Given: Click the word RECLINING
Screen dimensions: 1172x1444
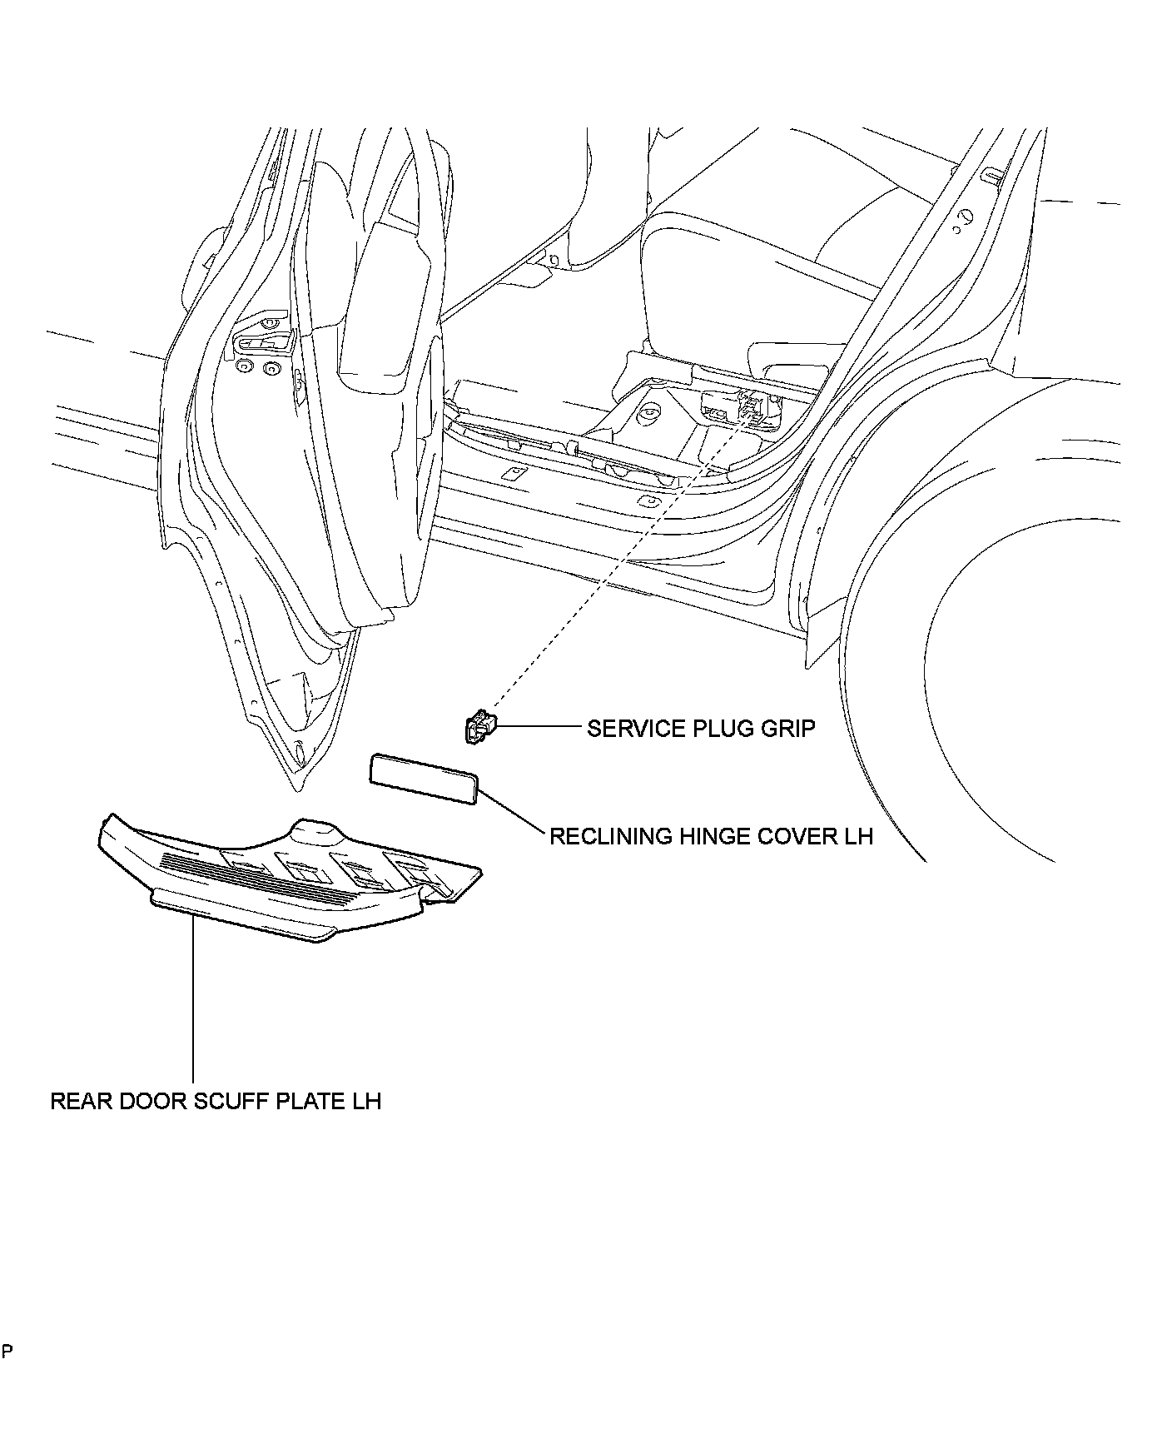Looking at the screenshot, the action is click(x=609, y=836).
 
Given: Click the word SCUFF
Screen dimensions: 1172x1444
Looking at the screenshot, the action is click(x=226, y=1101).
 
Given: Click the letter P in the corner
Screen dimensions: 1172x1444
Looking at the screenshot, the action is click(x=7, y=1351).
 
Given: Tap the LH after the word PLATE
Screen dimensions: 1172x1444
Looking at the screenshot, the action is click(x=365, y=1101).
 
